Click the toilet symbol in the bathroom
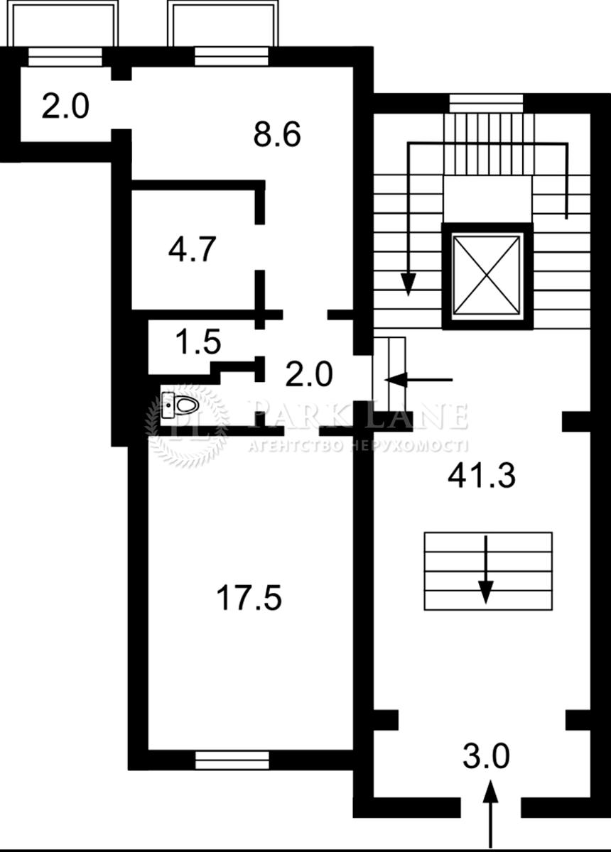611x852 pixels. [x=180, y=405]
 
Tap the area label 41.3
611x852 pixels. [x=482, y=476]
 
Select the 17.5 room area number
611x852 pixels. [x=249, y=598]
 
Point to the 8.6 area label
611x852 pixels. [x=277, y=134]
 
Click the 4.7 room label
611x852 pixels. [x=193, y=249]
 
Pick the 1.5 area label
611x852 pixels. [x=199, y=342]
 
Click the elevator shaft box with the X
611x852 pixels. [x=487, y=275]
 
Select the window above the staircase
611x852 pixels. [x=486, y=104]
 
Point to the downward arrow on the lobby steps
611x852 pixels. [x=486, y=569]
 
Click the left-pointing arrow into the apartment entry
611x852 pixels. [x=418, y=380]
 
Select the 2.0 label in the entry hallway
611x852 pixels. [x=309, y=374]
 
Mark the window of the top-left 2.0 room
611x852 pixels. [x=65, y=57]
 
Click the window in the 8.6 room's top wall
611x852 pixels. [x=232, y=57]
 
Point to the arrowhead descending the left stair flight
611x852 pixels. [x=409, y=285]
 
